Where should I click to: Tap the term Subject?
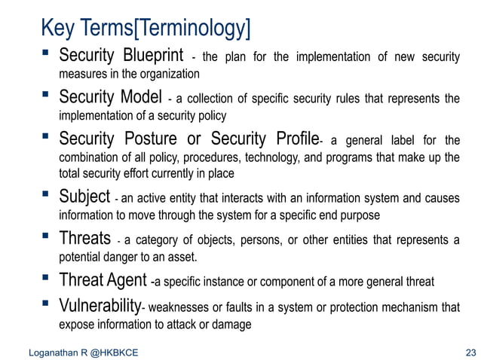85,198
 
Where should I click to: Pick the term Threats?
86,240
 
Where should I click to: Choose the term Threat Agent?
103,282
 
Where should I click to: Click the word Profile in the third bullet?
293,140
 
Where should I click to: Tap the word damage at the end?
234,325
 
